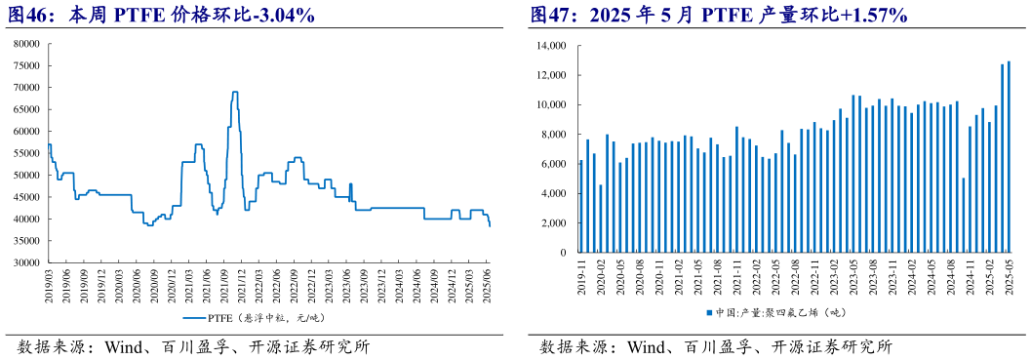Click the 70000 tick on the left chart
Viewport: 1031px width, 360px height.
coord(25,88)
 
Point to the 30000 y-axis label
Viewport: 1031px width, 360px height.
coord(25,263)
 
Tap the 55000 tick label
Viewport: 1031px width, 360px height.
coord(25,154)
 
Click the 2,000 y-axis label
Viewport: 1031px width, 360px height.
coord(552,222)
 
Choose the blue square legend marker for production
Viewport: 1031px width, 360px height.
coord(709,313)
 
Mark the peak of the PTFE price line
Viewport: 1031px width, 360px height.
coord(234,92)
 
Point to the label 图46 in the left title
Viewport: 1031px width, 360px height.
coord(31,16)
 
